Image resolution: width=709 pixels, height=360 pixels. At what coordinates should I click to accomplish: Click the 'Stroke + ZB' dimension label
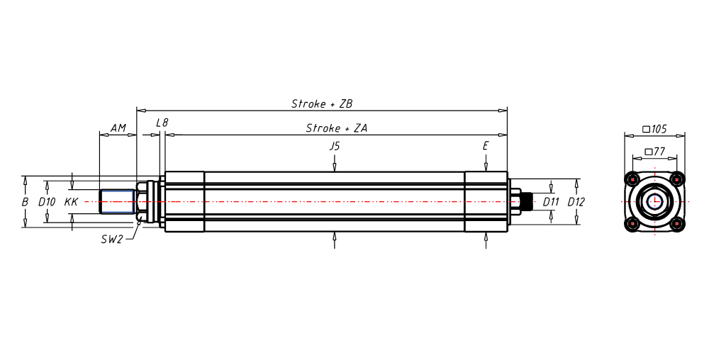click(x=322, y=103)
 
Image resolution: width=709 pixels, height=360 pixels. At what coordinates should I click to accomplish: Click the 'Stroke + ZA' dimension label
click(x=335, y=128)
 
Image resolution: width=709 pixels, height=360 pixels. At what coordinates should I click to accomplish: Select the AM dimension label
click(x=118, y=128)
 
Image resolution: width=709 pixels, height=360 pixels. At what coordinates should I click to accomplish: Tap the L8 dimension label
click(x=162, y=123)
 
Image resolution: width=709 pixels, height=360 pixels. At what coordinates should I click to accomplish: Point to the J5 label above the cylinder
click(x=335, y=146)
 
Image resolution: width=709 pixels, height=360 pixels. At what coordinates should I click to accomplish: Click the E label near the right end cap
click(x=486, y=146)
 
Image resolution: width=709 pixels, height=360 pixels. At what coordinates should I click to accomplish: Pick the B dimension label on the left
click(x=25, y=202)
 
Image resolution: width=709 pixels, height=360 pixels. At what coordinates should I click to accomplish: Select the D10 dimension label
click(x=47, y=202)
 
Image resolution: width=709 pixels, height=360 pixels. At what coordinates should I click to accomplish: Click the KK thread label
click(x=71, y=202)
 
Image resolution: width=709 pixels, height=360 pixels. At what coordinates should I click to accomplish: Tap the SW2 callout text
click(x=112, y=239)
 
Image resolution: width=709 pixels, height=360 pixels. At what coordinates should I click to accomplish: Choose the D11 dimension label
click(x=551, y=202)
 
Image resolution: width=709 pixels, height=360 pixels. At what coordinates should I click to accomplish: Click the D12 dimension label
click(x=576, y=202)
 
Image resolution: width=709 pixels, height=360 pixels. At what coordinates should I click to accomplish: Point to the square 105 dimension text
click(x=654, y=129)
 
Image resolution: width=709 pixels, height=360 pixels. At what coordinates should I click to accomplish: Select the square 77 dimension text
click(x=654, y=152)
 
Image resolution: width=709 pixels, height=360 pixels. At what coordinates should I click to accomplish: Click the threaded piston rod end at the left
click(x=117, y=202)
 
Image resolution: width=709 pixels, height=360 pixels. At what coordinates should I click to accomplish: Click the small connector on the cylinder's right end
click(x=527, y=202)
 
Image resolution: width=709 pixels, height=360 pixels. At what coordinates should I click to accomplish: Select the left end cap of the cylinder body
click(x=184, y=202)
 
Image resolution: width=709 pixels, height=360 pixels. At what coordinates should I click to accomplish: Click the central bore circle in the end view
click(x=654, y=201)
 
